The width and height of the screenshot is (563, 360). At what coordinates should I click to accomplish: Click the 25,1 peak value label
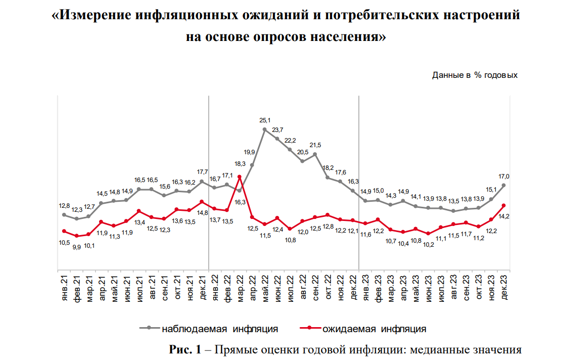click(265, 120)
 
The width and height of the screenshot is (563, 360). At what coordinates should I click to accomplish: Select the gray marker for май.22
click(265, 129)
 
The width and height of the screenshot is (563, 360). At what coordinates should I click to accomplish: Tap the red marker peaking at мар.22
click(240, 176)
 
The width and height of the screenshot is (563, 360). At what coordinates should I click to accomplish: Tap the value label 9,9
click(76, 247)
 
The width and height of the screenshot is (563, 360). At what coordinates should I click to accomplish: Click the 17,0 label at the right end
click(504, 176)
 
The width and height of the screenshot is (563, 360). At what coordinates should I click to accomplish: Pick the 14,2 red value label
click(503, 216)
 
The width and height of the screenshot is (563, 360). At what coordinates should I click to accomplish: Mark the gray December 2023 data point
click(504, 186)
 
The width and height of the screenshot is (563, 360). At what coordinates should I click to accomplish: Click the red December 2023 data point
click(504, 205)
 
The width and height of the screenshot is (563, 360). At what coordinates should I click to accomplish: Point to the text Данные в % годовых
click(475, 75)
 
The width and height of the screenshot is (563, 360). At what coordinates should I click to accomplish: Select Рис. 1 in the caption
click(185, 349)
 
